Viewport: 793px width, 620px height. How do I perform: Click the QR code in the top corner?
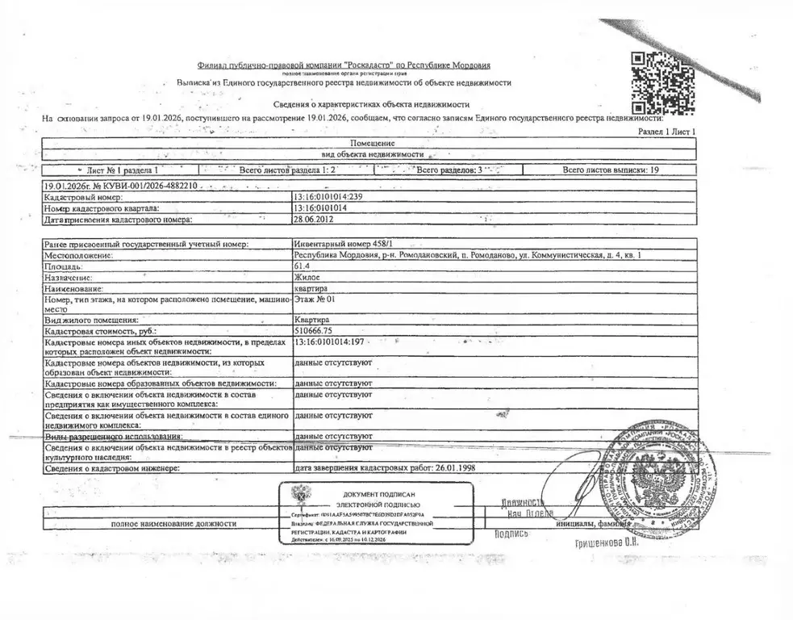coord(655,82)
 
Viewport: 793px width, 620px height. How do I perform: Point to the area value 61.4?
coord(303,266)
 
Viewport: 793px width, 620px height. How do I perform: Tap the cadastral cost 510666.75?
coord(315,331)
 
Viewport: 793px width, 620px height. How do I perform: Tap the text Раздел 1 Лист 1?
coord(666,131)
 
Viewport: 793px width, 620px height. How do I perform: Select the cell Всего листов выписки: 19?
coord(611,170)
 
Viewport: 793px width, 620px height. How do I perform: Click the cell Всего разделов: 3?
coord(448,170)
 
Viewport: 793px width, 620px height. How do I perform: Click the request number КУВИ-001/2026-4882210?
coord(148,186)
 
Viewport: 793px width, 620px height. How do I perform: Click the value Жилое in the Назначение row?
coord(307,277)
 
